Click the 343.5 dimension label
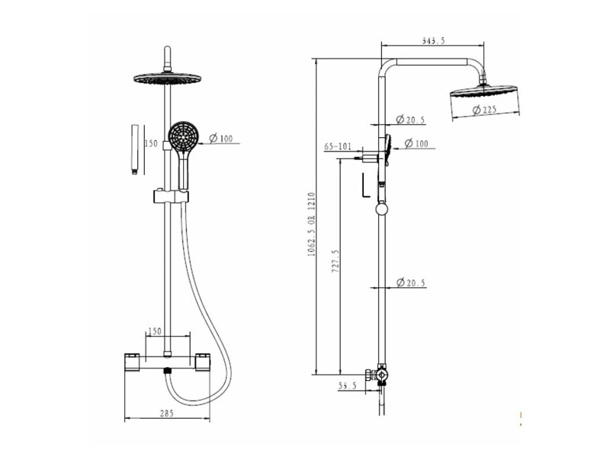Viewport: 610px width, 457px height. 433,40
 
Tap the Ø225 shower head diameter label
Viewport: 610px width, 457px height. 485,110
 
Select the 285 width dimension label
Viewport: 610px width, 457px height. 166,413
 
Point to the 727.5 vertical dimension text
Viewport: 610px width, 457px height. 335,260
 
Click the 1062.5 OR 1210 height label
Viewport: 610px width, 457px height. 311,224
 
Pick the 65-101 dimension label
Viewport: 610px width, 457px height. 338,146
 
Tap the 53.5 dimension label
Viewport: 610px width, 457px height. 348,386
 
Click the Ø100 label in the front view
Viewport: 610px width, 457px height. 221,139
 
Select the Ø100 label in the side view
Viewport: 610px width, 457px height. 416,144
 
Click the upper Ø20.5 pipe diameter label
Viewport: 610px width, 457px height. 410,120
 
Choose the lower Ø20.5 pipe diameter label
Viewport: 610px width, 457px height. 411,283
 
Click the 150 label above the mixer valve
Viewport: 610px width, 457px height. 155,331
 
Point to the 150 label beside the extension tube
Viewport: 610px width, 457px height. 151,143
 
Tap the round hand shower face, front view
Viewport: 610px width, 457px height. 183,136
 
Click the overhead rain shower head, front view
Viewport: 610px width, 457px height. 167,78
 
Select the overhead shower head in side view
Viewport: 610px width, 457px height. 485,91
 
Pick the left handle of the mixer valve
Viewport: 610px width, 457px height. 133,362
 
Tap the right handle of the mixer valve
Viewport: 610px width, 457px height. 202,362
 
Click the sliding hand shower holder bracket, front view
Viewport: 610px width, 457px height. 171,197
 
